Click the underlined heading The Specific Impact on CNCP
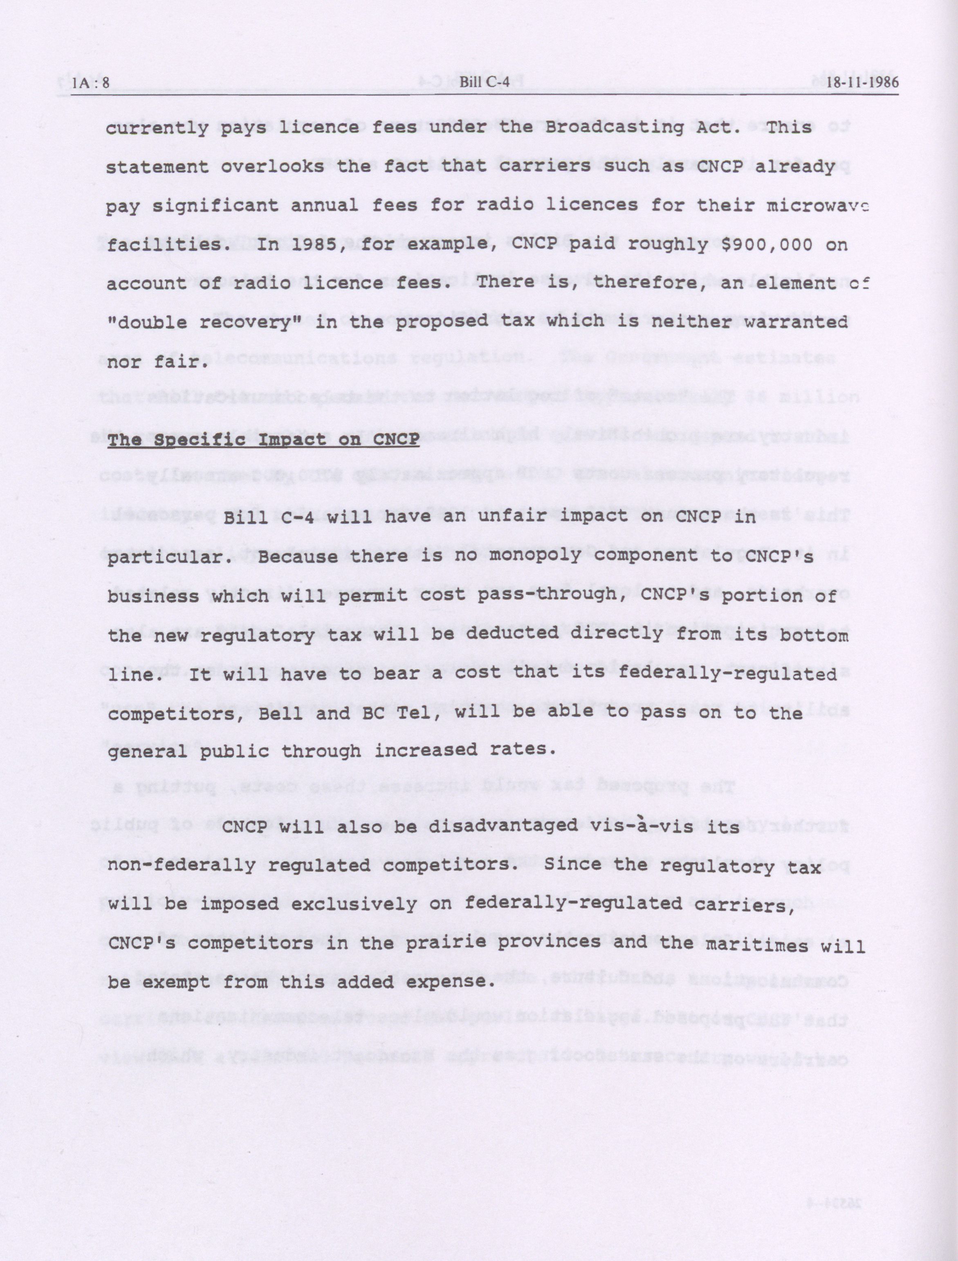pos(263,440)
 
